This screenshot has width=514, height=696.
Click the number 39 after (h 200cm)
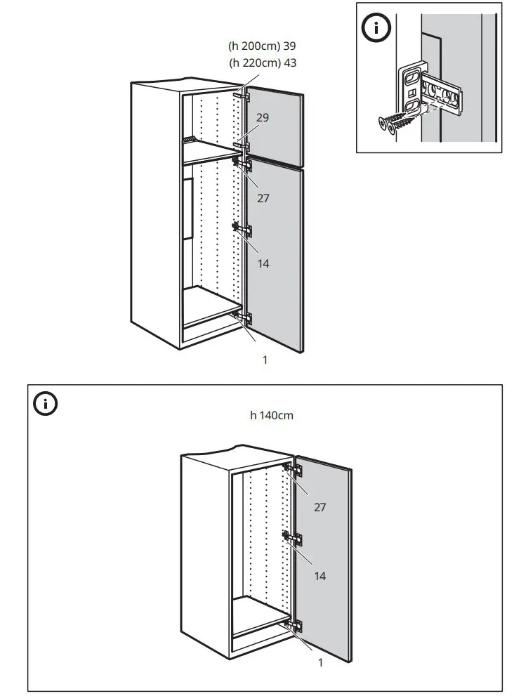coord(288,46)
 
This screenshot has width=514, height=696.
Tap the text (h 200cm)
coord(253,46)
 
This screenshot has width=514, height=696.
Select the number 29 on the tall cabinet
coord(262,117)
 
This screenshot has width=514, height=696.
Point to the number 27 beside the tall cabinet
coord(263,198)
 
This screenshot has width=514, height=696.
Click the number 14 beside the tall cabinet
coord(263,263)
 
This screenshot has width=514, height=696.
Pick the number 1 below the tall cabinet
coord(265,360)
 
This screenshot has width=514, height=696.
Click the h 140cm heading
coord(272,415)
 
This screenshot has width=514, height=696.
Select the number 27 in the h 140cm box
coord(319,506)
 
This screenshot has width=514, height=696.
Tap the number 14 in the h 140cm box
coord(319,576)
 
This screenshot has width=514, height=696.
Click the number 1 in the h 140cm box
coord(321,662)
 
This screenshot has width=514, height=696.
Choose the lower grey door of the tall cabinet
coord(275,253)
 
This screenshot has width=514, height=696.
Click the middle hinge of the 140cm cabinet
coord(291,539)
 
